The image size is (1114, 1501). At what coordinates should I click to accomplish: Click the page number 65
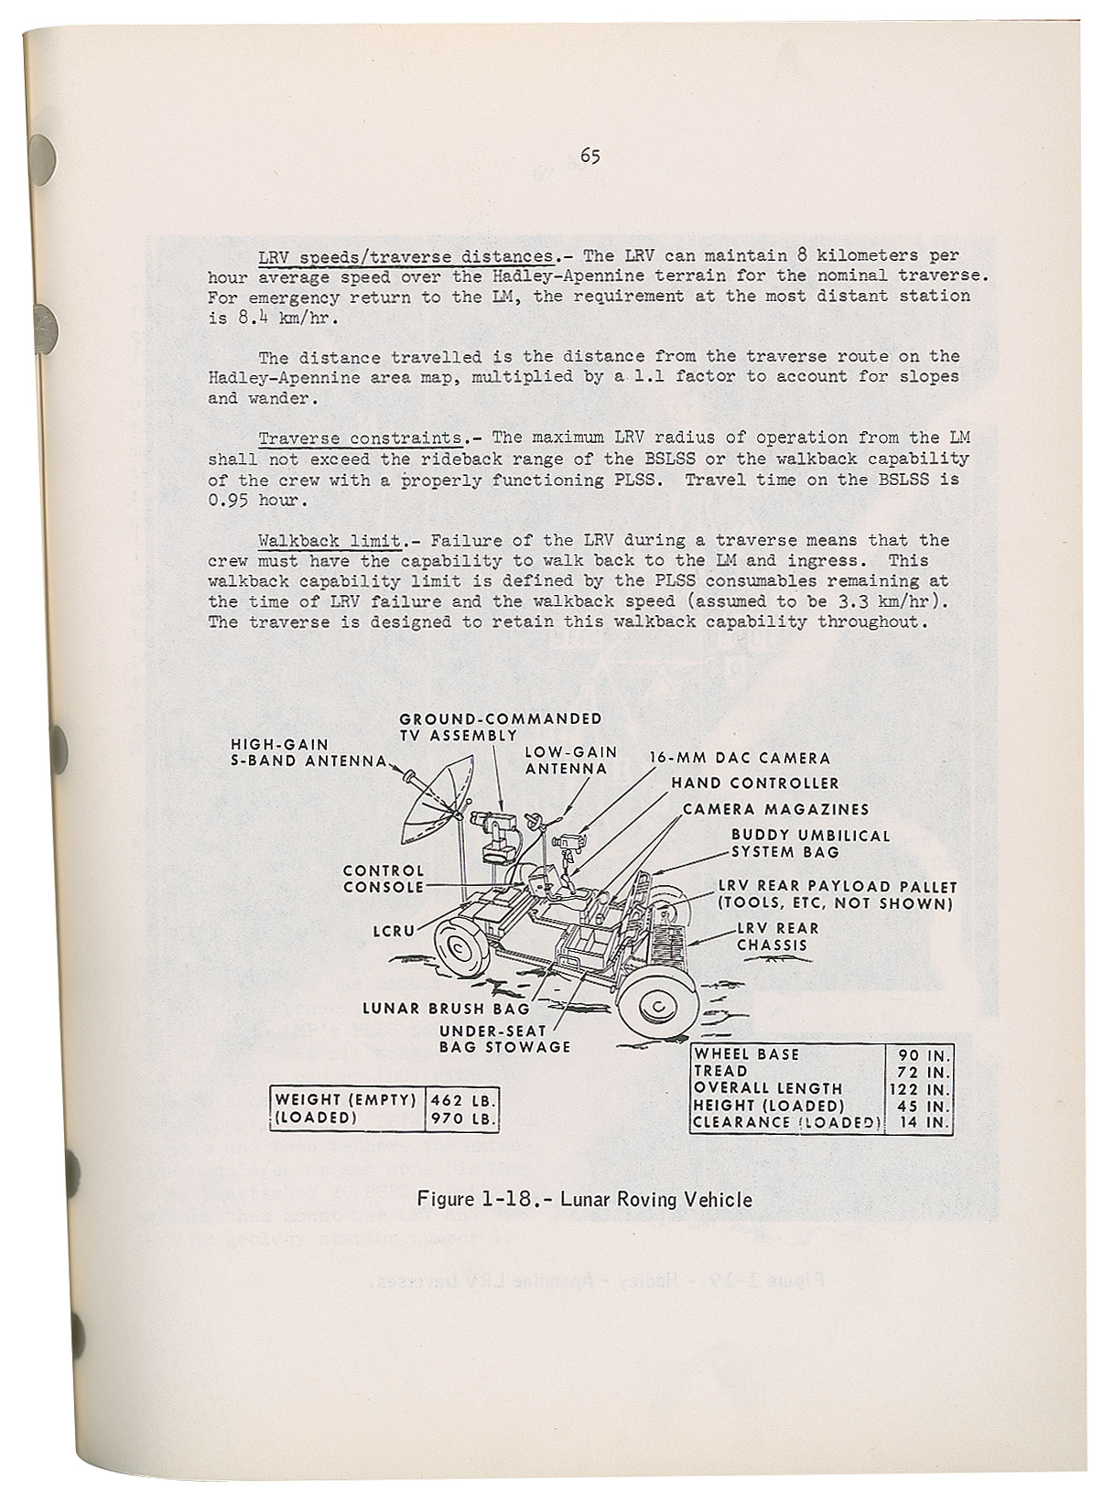589,157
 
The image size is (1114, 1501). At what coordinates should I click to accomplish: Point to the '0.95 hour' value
254,500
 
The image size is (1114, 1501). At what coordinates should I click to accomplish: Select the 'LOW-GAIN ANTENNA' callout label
570,761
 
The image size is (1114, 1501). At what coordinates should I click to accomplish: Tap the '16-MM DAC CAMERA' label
740,758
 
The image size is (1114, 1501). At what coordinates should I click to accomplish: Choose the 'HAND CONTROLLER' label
755,783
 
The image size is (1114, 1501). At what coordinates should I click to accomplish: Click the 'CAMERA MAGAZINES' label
776,809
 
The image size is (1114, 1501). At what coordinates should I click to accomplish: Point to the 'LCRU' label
395,930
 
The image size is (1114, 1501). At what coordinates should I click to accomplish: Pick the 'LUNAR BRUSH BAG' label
447,1009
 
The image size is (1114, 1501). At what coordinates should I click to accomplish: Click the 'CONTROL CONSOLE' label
384,879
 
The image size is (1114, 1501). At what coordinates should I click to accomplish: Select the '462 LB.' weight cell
463,1099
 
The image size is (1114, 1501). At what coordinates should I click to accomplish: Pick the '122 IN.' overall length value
921,1088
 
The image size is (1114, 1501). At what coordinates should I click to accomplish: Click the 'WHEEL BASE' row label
747,1054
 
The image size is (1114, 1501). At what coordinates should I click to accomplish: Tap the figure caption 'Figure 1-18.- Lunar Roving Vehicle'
585,1198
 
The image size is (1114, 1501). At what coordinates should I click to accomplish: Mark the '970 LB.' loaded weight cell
463,1118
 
